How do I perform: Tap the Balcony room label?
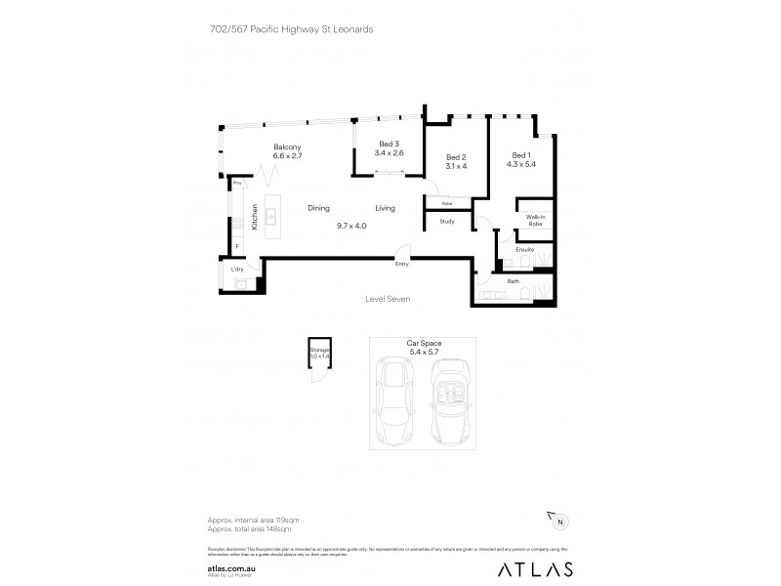288,146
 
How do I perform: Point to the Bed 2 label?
456,157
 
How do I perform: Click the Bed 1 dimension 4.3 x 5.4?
521,165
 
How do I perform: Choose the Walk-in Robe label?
535,221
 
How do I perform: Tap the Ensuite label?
524,249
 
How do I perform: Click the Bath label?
513,281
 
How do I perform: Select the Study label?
447,222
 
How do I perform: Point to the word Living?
386,208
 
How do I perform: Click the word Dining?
319,208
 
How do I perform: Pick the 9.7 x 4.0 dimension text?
351,226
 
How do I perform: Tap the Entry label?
401,264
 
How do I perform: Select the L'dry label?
237,270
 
